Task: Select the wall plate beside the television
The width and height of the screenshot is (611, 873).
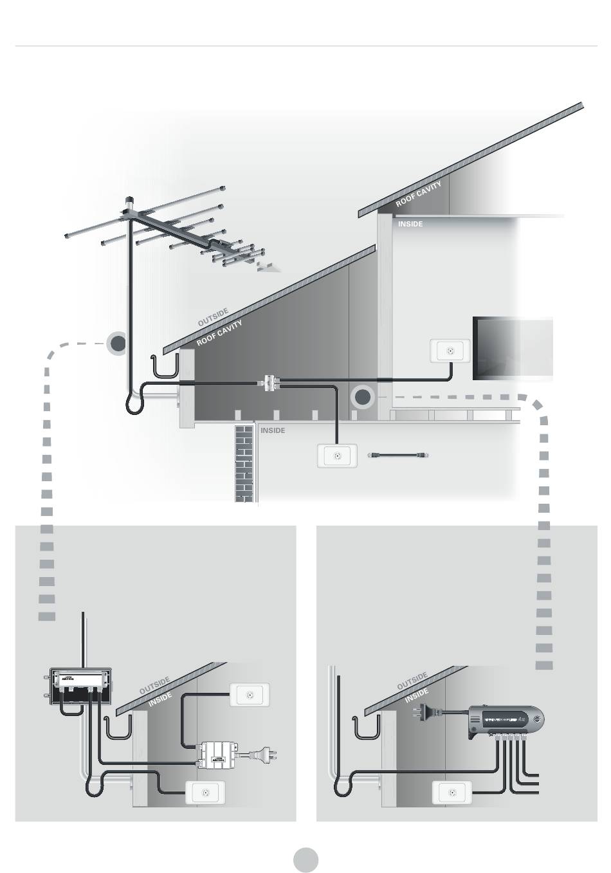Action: point(450,351)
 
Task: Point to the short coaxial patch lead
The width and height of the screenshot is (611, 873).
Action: point(399,455)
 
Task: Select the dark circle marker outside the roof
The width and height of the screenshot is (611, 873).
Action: point(118,344)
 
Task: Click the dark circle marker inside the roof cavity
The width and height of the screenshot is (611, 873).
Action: point(363,398)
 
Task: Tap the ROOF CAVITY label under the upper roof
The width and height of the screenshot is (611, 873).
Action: point(418,194)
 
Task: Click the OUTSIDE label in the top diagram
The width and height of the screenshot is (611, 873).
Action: point(213,317)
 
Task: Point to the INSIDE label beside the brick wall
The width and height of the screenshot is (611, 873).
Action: point(273,430)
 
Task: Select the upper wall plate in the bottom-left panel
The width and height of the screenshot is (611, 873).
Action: point(249,695)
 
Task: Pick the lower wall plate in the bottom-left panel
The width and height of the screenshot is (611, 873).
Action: point(205,793)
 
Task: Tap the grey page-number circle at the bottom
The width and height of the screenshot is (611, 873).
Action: point(306,859)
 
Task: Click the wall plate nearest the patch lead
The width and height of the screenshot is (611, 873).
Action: point(337,455)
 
